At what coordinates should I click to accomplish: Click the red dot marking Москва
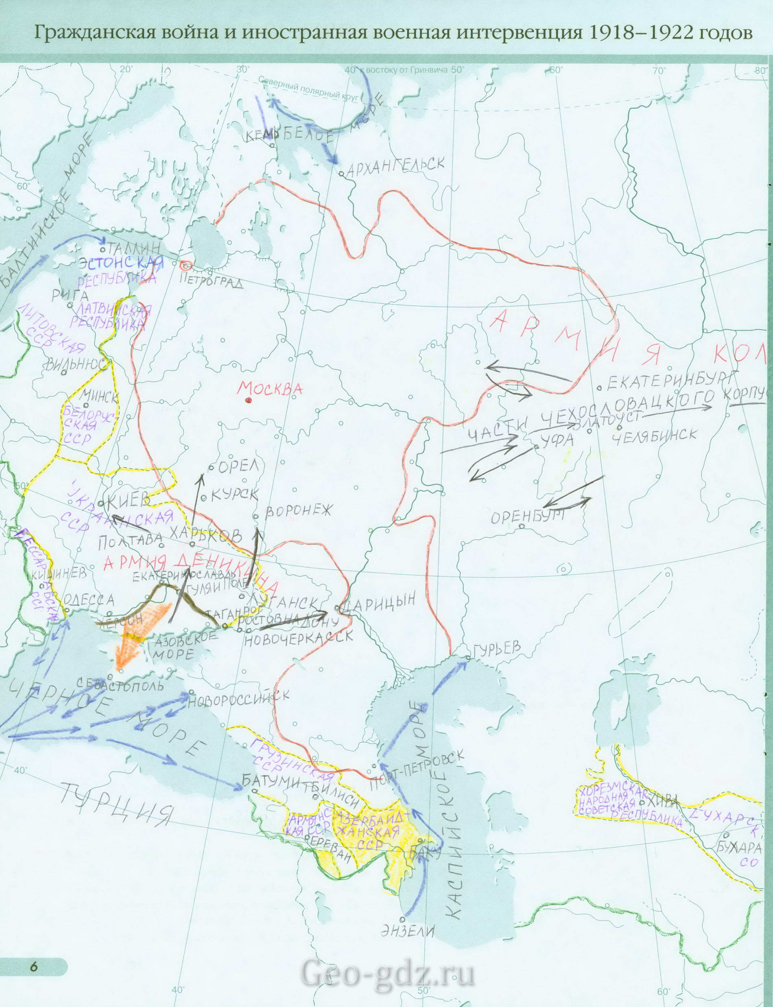tap(249, 400)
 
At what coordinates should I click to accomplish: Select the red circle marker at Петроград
tap(186, 265)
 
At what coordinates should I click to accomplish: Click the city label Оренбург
tap(527, 517)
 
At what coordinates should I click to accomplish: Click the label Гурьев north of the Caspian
tap(496, 648)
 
